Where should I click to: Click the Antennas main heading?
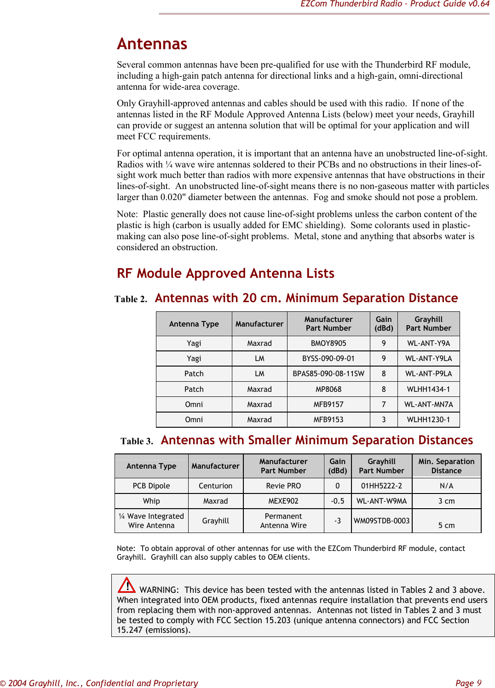(x=152, y=44)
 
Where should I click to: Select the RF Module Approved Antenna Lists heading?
(x=225, y=273)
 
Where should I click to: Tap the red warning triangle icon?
(x=127, y=585)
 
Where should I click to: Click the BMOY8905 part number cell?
(x=328, y=343)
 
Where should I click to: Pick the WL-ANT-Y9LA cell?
(x=428, y=358)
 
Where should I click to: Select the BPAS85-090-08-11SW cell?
(x=328, y=373)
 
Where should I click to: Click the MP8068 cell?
(x=328, y=389)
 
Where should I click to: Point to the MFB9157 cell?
(x=328, y=404)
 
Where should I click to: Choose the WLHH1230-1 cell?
(x=428, y=419)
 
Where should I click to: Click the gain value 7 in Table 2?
(x=384, y=404)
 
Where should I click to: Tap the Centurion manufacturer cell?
(x=215, y=486)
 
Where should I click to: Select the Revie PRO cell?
(x=283, y=486)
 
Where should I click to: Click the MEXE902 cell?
(x=283, y=501)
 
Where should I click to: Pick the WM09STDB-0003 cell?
(x=381, y=521)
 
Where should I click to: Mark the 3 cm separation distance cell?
(x=446, y=501)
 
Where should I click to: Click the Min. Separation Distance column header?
(x=446, y=466)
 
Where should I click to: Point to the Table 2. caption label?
(x=131, y=299)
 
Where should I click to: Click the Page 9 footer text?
(x=468, y=683)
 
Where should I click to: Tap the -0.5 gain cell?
(x=337, y=501)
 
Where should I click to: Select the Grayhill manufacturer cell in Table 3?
(x=215, y=521)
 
